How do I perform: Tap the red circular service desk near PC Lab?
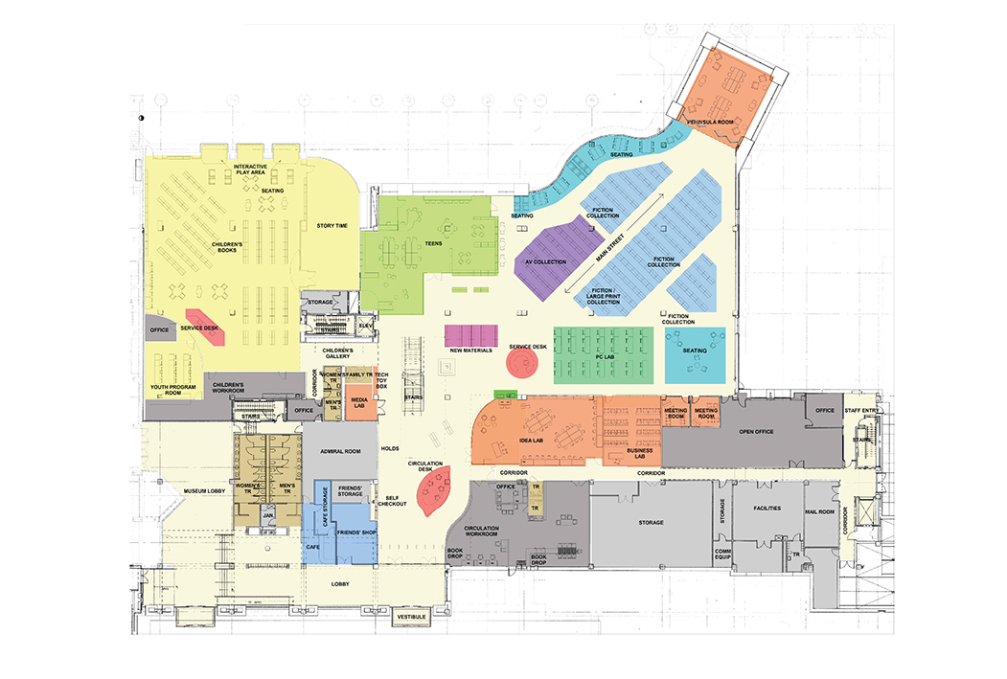click(x=523, y=363)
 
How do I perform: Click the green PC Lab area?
click(x=603, y=355)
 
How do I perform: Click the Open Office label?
click(x=755, y=431)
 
